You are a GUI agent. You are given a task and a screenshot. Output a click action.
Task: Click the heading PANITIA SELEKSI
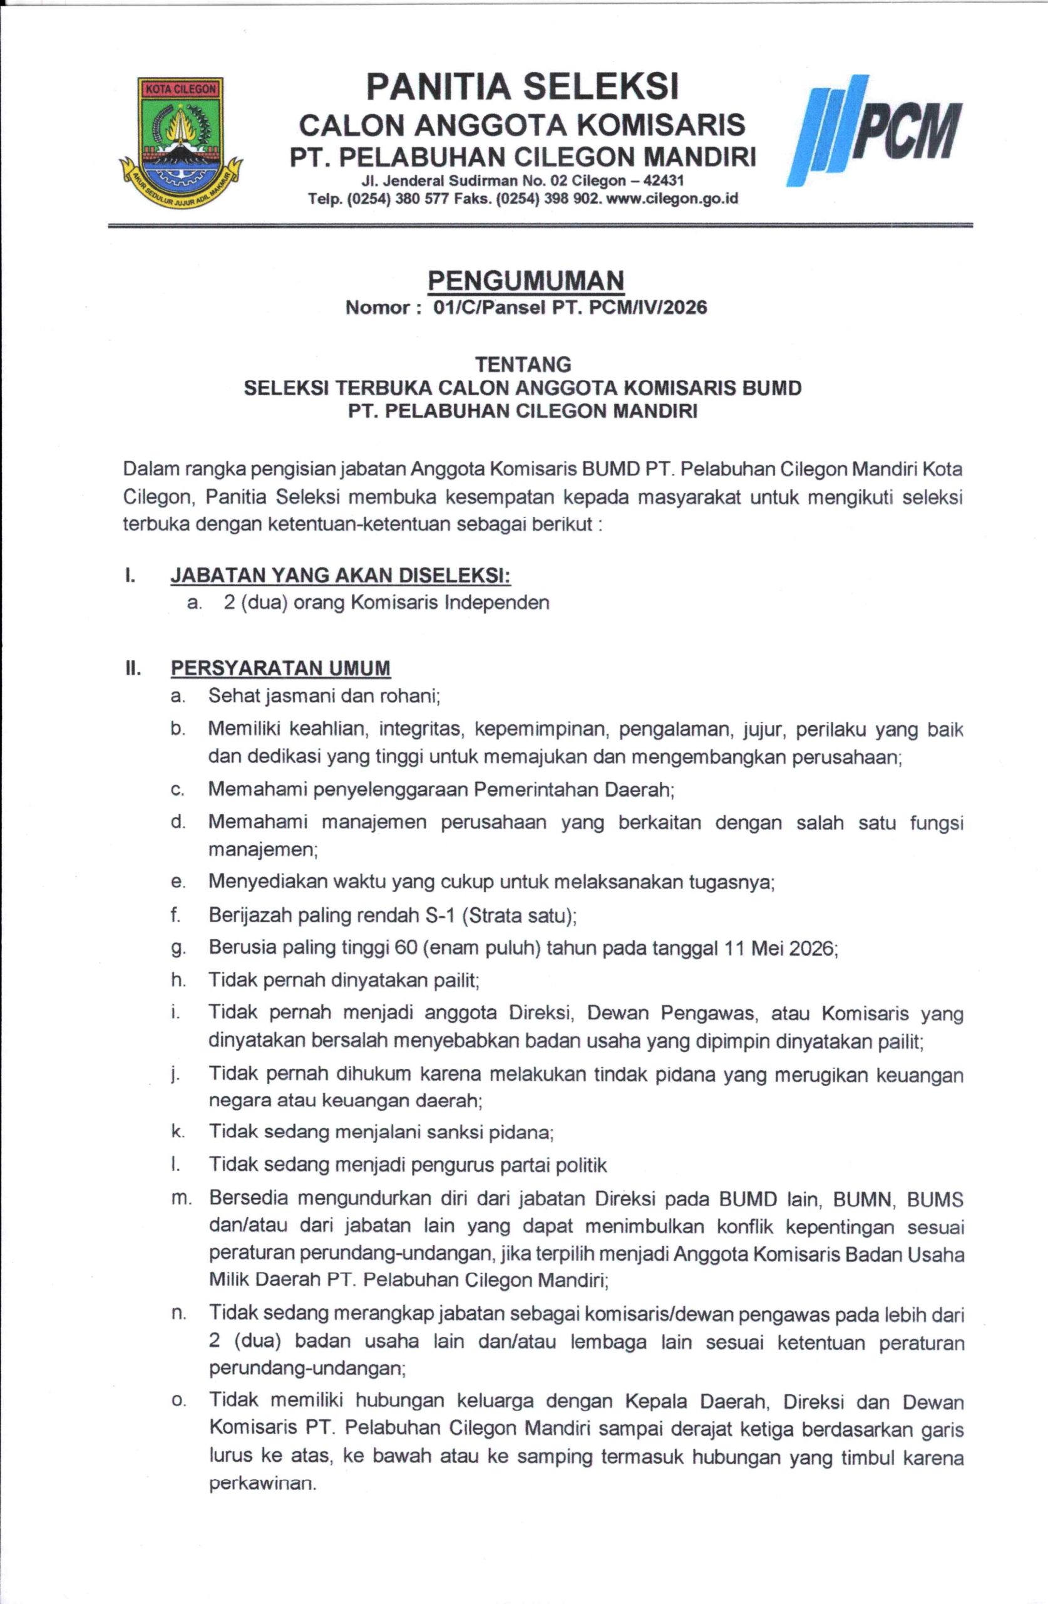[x=523, y=88]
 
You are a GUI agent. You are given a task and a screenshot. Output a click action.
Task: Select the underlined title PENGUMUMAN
[x=526, y=279]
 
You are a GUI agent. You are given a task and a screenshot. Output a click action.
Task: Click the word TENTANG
[x=523, y=365]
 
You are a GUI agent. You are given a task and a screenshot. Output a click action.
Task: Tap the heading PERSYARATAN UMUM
[x=280, y=668]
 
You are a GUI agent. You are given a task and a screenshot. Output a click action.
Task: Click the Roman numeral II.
[x=132, y=669]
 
